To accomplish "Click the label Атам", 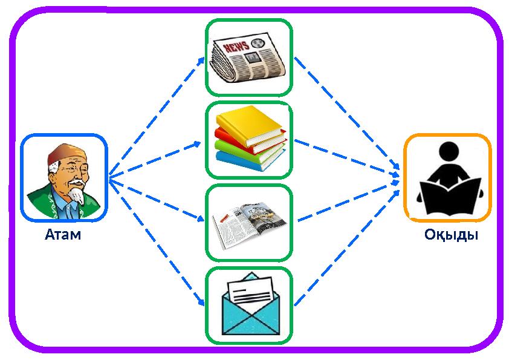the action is coord(63,234).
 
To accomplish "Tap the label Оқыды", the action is coord(451,235).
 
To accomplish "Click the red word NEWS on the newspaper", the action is coord(236,47).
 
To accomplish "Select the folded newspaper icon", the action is coord(249,57).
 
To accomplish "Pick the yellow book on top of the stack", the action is coord(249,125).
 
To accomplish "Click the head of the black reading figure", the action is coord(449,151).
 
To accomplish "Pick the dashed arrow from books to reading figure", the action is coord(347,159).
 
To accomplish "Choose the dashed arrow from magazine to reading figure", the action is coord(348,201).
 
